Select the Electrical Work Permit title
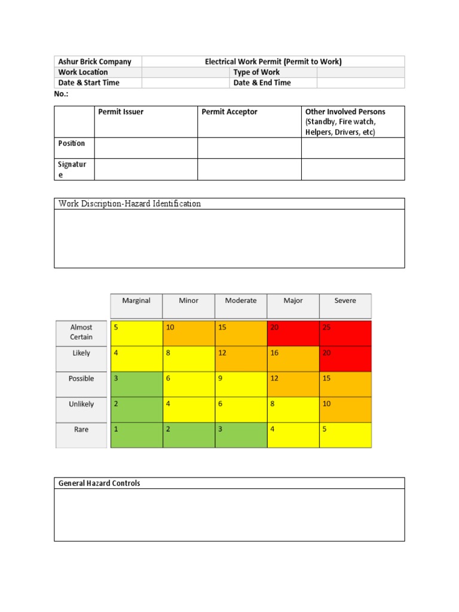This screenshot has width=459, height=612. [x=273, y=62]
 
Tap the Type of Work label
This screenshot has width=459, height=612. [x=256, y=72]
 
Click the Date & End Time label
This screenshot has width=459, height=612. [x=262, y=83]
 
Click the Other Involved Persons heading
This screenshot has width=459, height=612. [x=345, y=112]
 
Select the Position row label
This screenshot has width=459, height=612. [x=72, y=143]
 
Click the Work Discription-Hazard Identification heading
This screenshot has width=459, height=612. [x=130, y=204]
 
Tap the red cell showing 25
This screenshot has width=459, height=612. [x=345, y=333]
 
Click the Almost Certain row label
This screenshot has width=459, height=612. [x=81, y=332]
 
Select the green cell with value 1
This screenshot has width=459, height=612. [x=136, y=435]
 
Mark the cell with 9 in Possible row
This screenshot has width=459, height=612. [x=240, y=384]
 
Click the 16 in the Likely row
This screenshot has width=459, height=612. [x=293, y=359]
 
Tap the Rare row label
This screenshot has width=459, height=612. [x=81, y=430]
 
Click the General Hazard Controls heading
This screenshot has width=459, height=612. [x=99, y=483]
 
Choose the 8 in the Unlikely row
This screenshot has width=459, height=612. [x=293, y=410]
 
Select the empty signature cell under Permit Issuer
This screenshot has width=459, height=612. [x=145, y=169]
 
